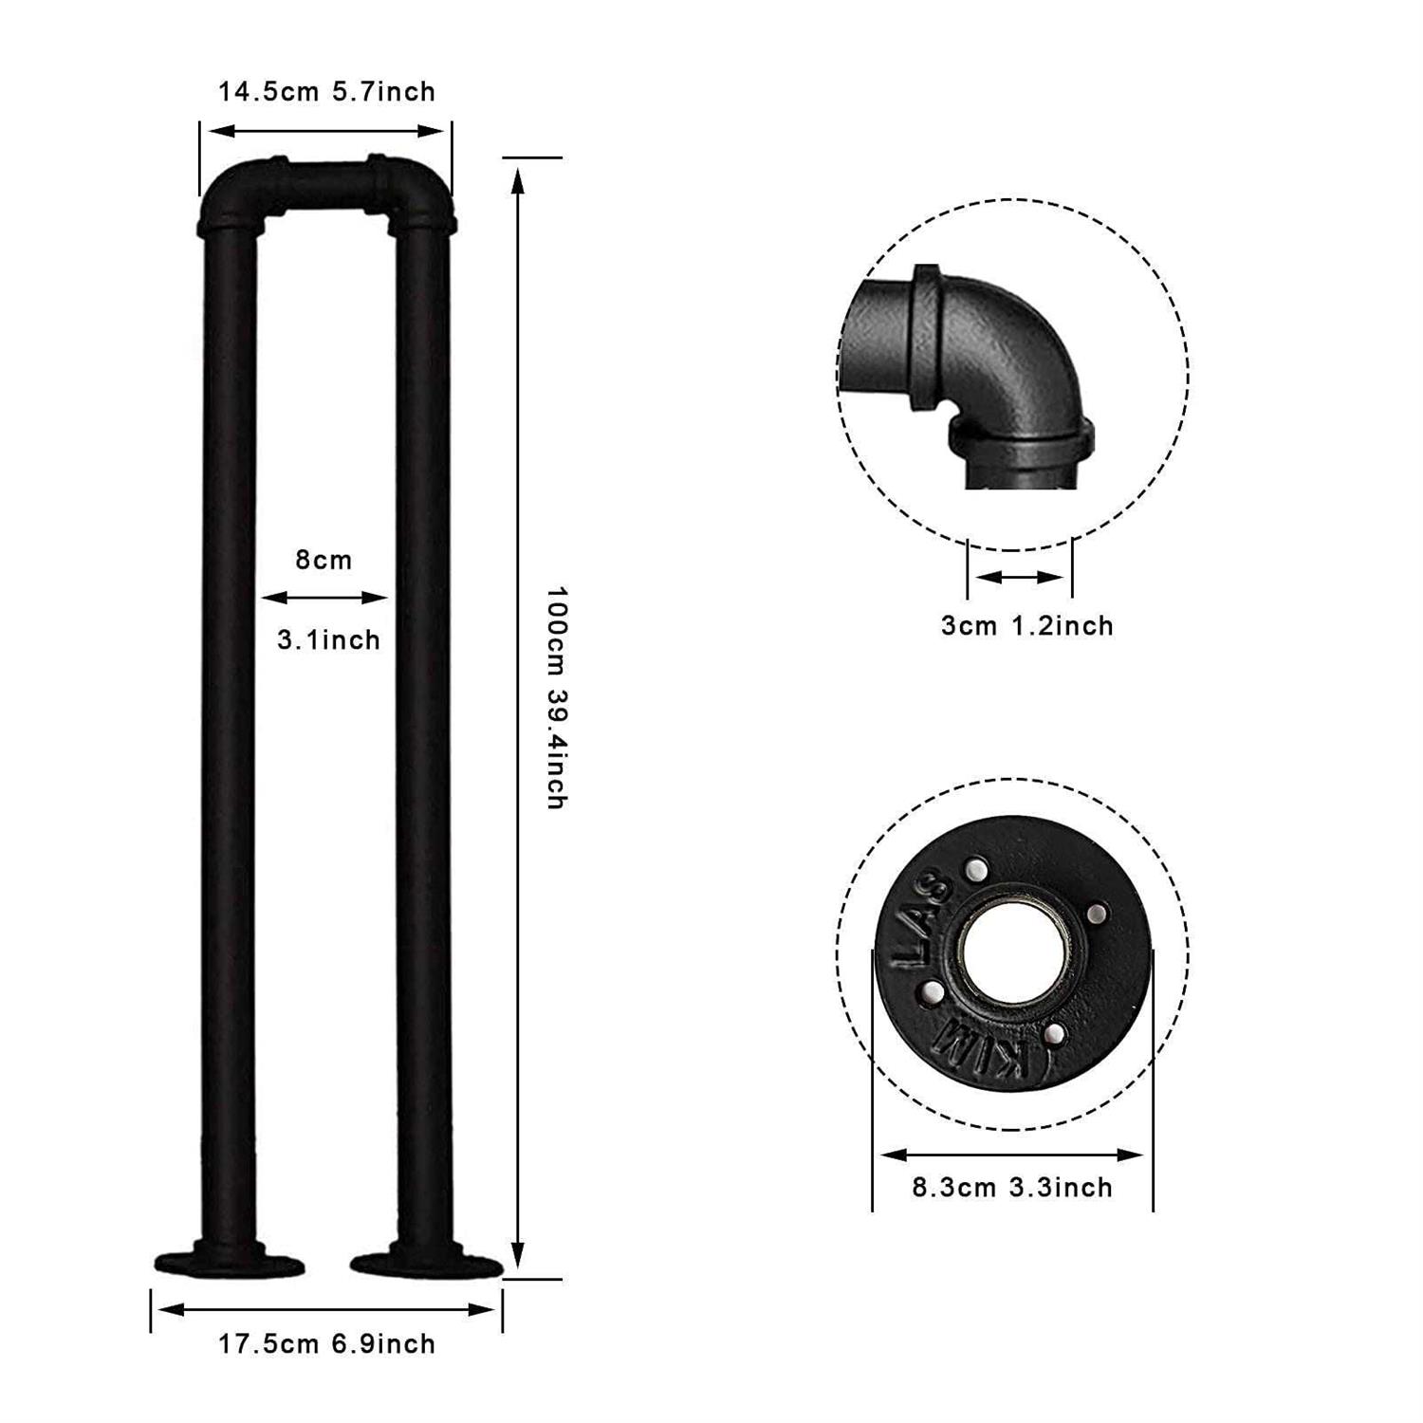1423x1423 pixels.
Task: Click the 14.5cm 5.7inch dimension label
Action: click(x=327, y=92)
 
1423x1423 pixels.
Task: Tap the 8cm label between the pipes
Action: click(x=323, y=560)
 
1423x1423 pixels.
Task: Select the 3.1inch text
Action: click(x=328, y=639)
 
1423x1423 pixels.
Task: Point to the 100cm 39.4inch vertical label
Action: click(x=557, y=697)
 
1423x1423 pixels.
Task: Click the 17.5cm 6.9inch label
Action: click(x=327, y=1344)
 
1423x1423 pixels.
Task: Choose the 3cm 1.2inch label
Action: click(x=1027, y=625)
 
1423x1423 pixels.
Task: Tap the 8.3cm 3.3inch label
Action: click(x=1012, y=1187)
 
